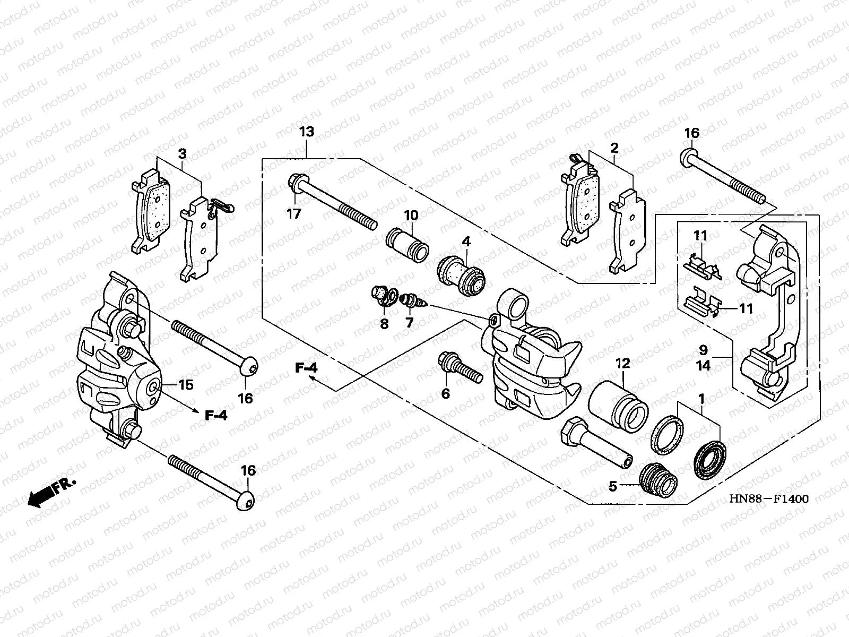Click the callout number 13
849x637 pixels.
click(x=306, y=132)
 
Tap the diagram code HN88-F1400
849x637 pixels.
click(x=768, y=499)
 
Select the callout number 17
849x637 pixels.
click(x=293, y=214)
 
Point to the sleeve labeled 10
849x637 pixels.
click(x=408, y=245)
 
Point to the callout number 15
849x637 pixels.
click(x=186, y=384)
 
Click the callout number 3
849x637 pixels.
click(x=182, y=154)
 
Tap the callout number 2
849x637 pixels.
click(x=614, y=148)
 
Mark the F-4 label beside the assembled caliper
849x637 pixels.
click(x=216, y=415)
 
